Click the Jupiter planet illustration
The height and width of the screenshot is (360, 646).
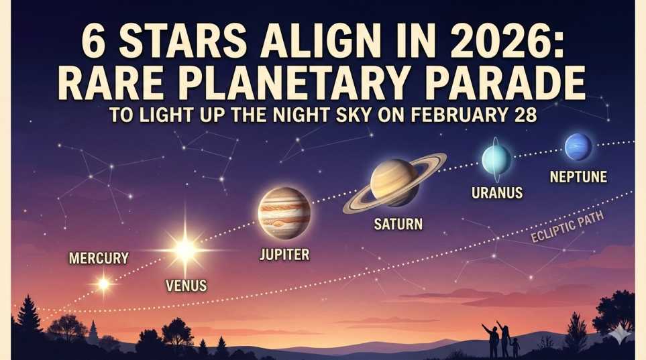pyautogui.click(x=284, y=213)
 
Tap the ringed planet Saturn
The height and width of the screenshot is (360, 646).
pyautogui.click(x=394, y=182)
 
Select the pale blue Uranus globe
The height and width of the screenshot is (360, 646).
pyautogui.click(x=496, y=160)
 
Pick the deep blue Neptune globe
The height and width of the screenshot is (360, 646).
pyautogui.click(x=578, y=147)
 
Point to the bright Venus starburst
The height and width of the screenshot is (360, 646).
pyautogui.click(x=184, y=250)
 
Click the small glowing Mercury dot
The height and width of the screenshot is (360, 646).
pyautogui.click(x=103, y=284)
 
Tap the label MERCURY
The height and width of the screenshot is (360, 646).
pyautogui.click(x=99, y=257)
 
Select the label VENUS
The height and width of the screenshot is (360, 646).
pyautogui.click(x=186, y=286)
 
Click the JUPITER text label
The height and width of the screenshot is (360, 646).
pyautogui.click(x=284, y=254)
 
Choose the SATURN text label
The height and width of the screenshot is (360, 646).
pyautogui.click(x=398, y=224)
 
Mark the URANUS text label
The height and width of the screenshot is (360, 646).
pyautogui.click(x=496, y=194)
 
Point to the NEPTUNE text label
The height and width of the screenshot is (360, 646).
pyautogui.click(x=578, y=177)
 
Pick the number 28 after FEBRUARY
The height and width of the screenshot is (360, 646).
pyautogui.click(x=522, y=115)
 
